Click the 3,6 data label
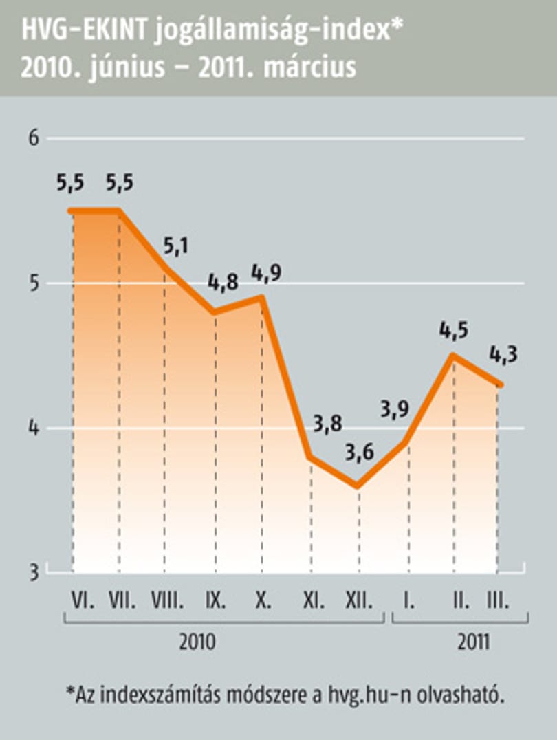click(x=359, y=453)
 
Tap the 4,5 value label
click(x=454, y=330)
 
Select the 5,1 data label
click(x=175, y=246)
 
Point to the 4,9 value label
click(x=267, y=273)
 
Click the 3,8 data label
click(x=327, y=424)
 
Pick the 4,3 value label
click(x=503, y=354)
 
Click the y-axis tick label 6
click(x=33, y=138)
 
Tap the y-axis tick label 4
click(x=34, y=428)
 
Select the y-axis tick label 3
click(x=34, y=572)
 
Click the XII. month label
click(x=359, y=601)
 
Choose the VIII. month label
click(x=167, y=601)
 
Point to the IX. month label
click(x=216, y=601)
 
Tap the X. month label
click(x=263, y=601)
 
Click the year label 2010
click(x=197, y=642)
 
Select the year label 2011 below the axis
click(x=473, y=642)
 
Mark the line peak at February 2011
click(x=452, y=355)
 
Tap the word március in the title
click(x=309, y=67)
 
